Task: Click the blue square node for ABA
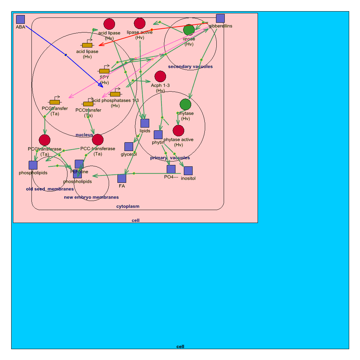[20, 20]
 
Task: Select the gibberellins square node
[220, 19]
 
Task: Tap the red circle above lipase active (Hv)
[139, 23]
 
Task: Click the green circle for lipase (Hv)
[189, 30]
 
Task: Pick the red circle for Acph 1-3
[160, 77]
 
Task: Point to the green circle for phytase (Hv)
[185, 105]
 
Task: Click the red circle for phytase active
[178, 130]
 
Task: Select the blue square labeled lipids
[145, 123]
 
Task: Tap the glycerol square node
[129, 147]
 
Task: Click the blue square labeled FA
[122, 178]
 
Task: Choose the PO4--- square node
[171, 169]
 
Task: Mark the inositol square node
[188, 171]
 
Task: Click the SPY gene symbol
[104, 71]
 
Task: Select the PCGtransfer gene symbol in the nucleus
[55, 102]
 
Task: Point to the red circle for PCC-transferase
[98, 140]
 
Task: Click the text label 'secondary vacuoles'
[190, 66]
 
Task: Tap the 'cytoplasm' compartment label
[128, 206]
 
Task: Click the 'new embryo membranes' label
[91, 197]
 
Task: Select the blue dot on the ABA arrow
[66, 55]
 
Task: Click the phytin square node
[158, 135]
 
